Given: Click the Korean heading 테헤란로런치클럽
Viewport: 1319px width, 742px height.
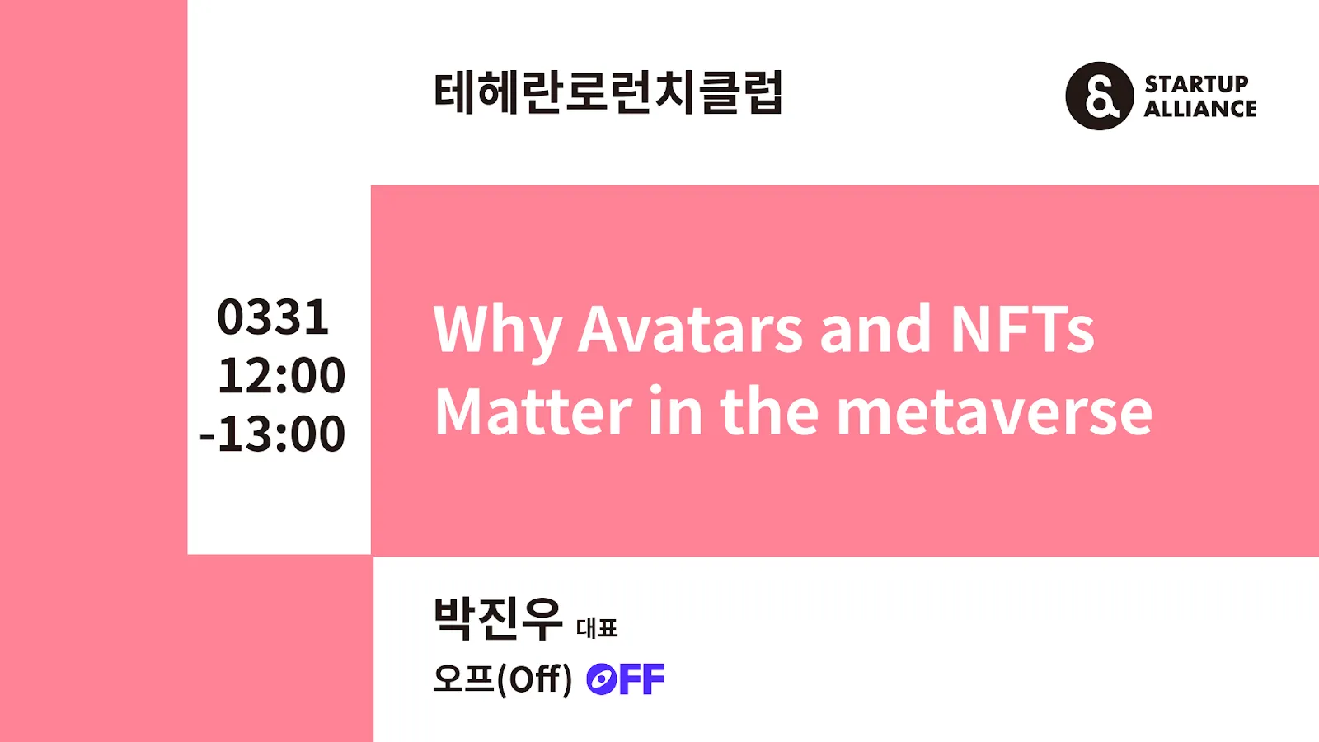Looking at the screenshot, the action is click(608, 92).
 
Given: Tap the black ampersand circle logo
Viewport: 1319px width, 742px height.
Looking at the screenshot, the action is click(1100, 96).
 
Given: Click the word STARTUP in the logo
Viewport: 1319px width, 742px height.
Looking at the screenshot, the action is click(1196, 84).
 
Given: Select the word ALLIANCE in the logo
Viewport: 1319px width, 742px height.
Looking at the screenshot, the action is click(1200, 109).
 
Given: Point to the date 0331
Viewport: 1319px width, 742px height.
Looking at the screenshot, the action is click(273, 317).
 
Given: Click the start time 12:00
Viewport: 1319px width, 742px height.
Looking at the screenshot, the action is click(281, 375).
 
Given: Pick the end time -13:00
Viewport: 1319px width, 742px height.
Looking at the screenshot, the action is click(273, 434).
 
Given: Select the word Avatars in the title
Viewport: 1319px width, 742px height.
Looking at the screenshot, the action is click(689, 329).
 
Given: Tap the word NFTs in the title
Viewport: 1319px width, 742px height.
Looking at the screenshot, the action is click(1022, 329).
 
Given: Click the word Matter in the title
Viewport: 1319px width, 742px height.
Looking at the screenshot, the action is click(533, 411).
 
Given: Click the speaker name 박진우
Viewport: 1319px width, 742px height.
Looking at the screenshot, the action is click(498, 618).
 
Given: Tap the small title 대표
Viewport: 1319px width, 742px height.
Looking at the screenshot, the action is click(597, 628).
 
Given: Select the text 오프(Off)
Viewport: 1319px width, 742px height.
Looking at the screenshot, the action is click(503, 679).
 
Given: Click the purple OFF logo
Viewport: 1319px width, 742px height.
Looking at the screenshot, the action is click(626, 679).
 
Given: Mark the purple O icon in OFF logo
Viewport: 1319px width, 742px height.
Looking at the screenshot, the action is click(601, 679).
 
